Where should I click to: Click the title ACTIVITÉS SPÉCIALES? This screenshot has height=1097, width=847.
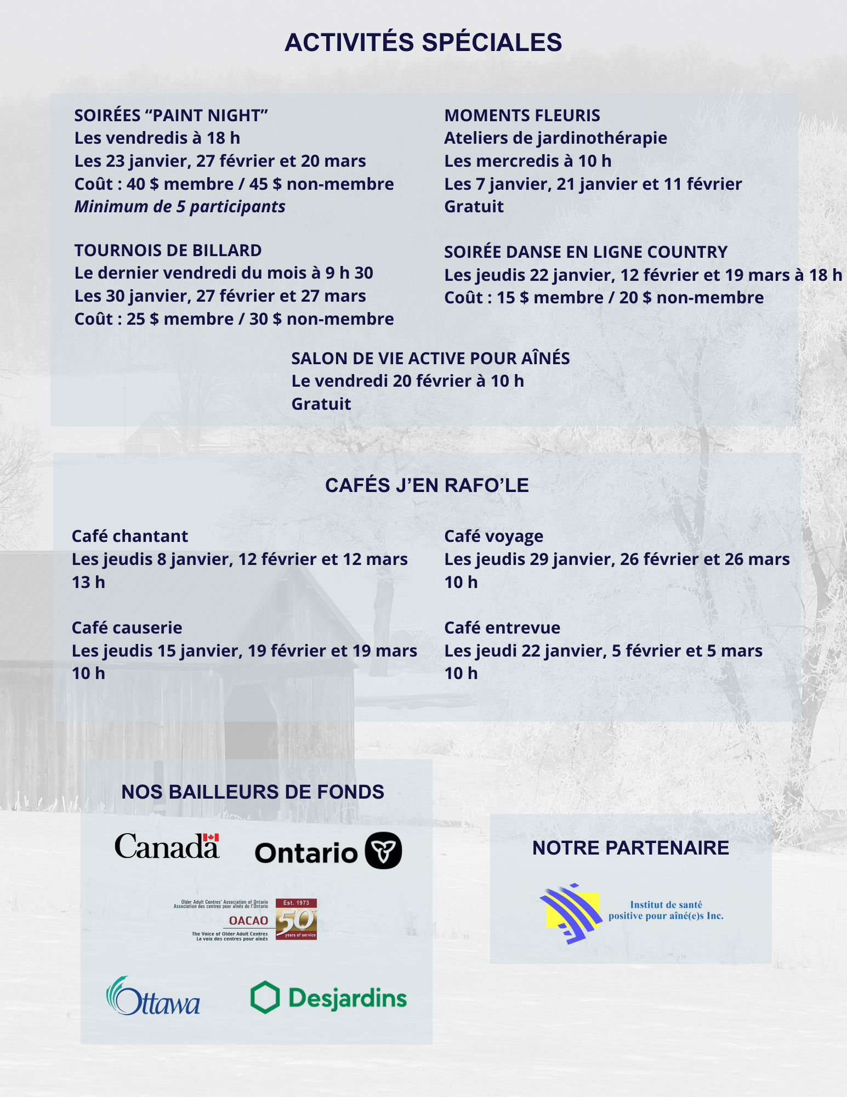pyautogui.click(x=423, y=43)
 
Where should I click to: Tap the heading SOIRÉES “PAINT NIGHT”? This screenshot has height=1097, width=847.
pyautogui.click(x=171, y=116)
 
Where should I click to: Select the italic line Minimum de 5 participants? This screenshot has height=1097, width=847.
pyautogui.click(x=180, y=207)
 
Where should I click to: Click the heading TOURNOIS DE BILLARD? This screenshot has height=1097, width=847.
pyautogui.click(x=168, y=251)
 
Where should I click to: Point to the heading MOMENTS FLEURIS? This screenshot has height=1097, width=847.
pyautogui.click(x=522, y=116)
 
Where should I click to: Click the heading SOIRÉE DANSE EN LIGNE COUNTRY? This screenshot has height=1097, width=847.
pyautogui.click(x=585, y=252)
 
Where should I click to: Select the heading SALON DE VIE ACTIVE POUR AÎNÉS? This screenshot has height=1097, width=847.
pyautogui.click(x=430, y=359)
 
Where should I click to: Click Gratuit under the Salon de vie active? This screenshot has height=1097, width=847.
pyautogui.click(x=321, y=404)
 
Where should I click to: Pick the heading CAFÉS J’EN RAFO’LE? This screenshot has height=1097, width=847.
pyautogui.click(x=427, y=485)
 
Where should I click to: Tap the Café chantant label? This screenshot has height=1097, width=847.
pyautogui.click(x=130, y=536)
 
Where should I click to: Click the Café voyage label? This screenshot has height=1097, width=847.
pyautogui.click(x=493, y=536)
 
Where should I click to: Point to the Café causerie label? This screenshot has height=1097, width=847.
pyautogui.click(x=127, y=628)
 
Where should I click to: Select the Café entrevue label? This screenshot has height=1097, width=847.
pyautogui.click(x=502, y=628)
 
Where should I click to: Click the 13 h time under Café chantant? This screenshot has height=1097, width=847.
pyautogui.click(x=88, y=583)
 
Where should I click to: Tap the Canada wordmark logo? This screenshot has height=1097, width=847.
pyautogui.click(x=167, y=846)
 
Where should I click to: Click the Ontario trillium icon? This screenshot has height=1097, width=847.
pyautogui.click(x=383, y=851)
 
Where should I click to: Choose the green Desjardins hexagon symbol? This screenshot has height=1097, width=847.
pyautogui.click(x=265, y=997)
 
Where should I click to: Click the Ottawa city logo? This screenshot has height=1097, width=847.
pyautogui.click(x=153, y=996)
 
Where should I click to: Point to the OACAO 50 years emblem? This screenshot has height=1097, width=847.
pyautogui.click(x=296, y=919)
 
